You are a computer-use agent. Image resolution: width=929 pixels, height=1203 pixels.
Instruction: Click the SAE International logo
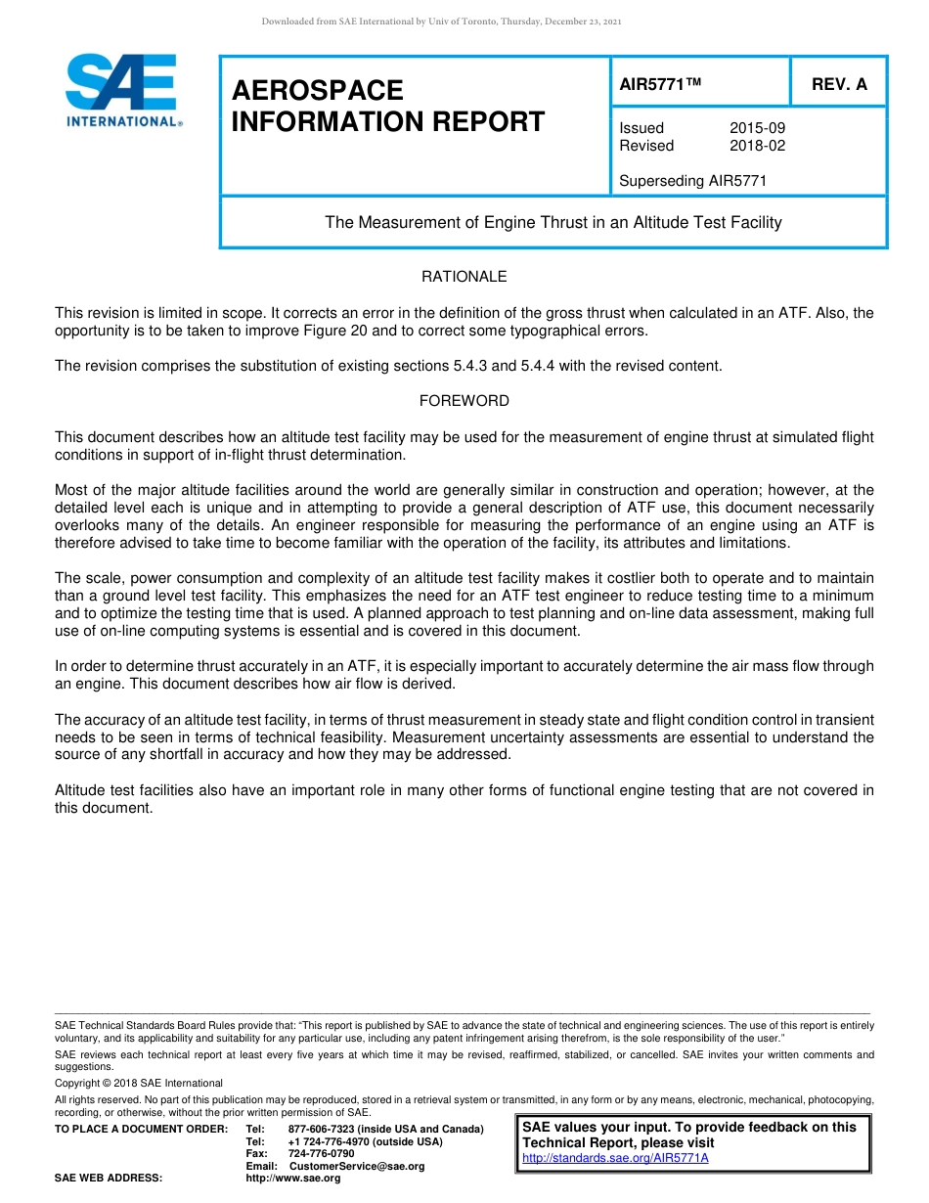[x=121, y=90]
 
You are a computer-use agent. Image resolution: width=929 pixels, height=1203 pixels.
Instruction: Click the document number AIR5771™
[x=661, y=84]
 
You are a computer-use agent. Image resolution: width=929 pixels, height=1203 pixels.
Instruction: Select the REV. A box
[x=839, y=84]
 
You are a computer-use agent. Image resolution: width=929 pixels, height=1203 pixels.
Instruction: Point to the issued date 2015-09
[x=757, y=128]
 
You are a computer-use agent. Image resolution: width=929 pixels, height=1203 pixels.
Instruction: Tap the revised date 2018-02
[x=757, y=146]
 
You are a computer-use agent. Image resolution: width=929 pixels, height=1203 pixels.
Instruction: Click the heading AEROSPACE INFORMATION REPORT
[x=387, y=106]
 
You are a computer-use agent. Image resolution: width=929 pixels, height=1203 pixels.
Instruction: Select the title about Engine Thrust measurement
[x=553, y=222]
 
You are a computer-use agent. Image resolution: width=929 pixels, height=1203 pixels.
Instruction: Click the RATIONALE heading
[x=464, y=277]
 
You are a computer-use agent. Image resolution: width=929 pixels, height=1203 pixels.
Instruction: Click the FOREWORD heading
[x=464, y=401]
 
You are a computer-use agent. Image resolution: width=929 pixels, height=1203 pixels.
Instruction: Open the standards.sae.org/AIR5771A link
[x=615, y=1158]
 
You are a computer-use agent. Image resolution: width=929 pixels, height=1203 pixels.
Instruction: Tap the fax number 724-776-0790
[x=321, y=1153]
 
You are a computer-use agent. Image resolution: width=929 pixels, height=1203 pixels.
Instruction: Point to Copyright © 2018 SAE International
[x=139, y=1083]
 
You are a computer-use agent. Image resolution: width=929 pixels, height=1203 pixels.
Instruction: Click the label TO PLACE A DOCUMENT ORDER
[x=141, y=1129]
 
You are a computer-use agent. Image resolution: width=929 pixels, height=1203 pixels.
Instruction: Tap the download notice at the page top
[x=441, y=22]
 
